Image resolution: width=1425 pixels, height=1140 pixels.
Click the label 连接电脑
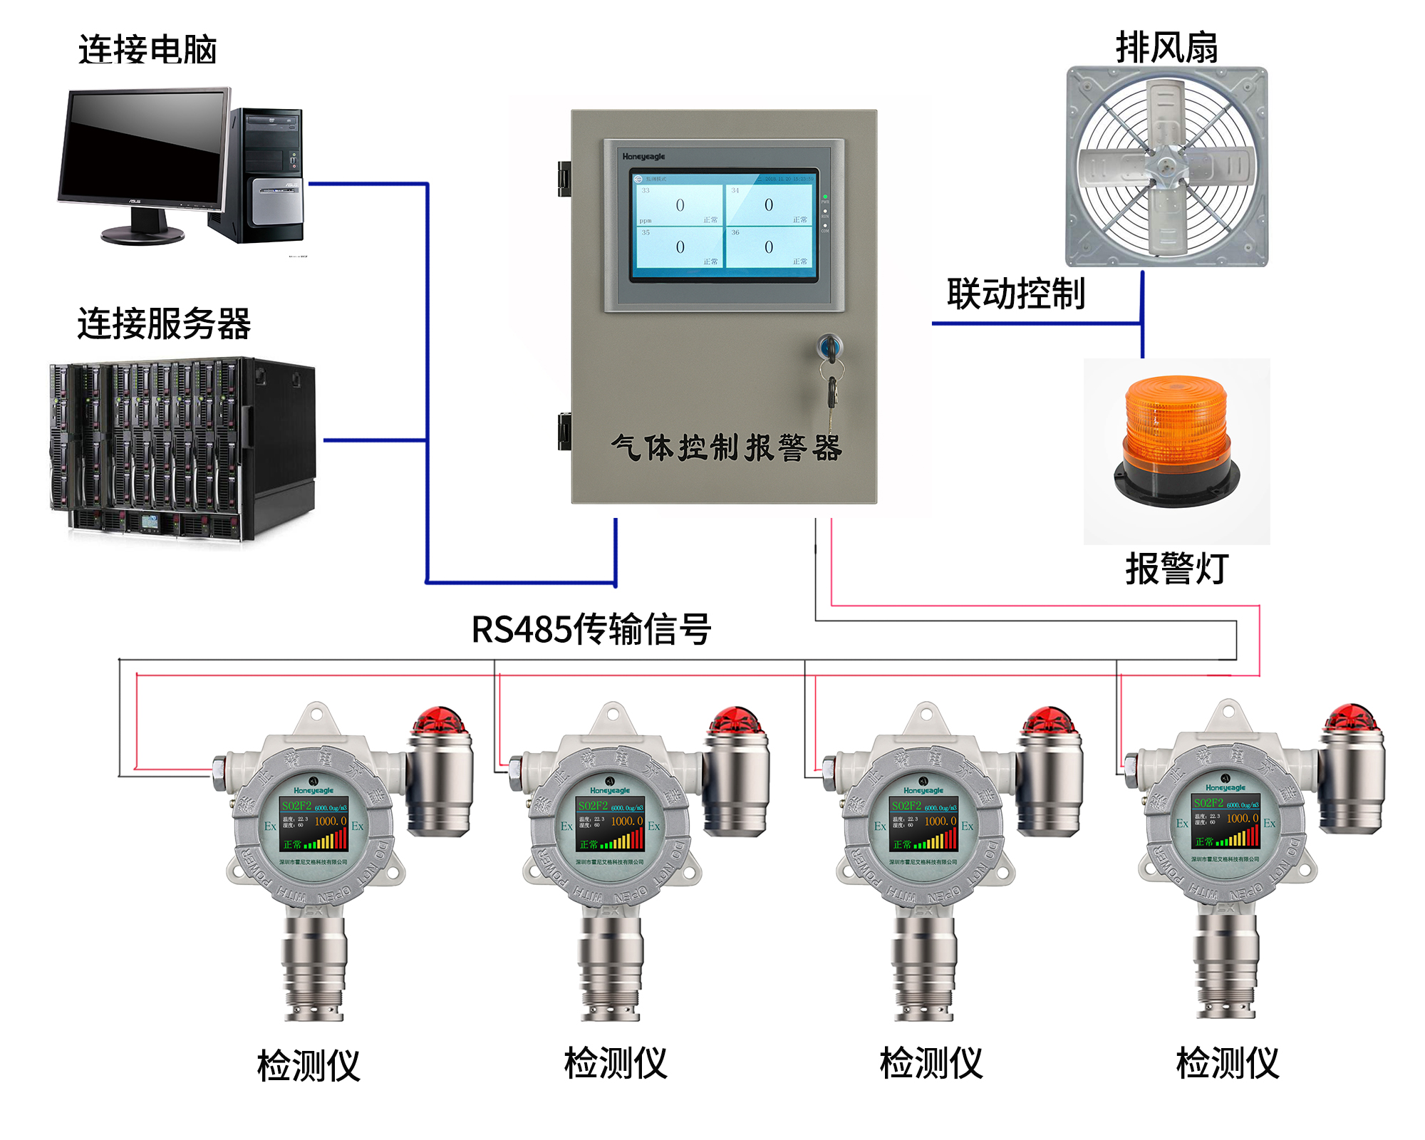(x=147, y=50)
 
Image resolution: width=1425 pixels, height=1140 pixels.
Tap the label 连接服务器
(x=164, y=324)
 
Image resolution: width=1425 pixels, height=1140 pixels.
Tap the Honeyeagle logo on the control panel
(x=643, y=157)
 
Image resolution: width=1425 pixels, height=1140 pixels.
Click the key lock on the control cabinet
(x=829, y=348)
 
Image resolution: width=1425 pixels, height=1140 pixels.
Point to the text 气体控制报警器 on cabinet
(x=727, y=448)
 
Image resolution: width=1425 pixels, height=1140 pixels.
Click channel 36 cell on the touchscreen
(x=769, y=247)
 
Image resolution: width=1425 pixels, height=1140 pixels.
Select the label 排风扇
(x=1166, y=48)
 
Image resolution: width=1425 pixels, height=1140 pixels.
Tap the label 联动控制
(x=1015, y=294)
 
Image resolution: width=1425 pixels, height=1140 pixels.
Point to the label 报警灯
(x=1176, y=569)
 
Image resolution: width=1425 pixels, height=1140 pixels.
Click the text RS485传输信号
(x=591, y=629)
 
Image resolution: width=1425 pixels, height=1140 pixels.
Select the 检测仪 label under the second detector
(x=616, y=1063)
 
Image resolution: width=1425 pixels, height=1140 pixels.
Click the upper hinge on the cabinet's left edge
(x=564, y=178)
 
